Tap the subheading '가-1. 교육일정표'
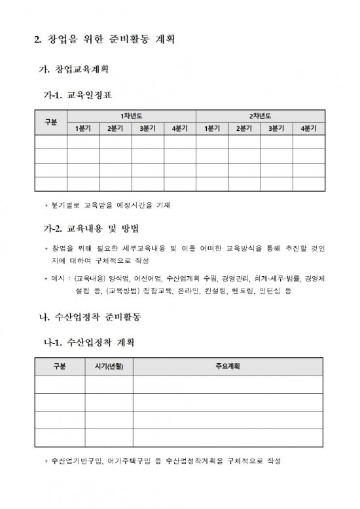(x=77, y=95)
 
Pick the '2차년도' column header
(x=260, y=116)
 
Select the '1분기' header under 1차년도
(x=83, y=128)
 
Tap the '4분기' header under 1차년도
(x=179, y=128)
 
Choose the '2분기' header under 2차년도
(x=243, y=128)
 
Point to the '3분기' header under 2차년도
(x=276, y=128)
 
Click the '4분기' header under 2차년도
(x=308, y=128)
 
